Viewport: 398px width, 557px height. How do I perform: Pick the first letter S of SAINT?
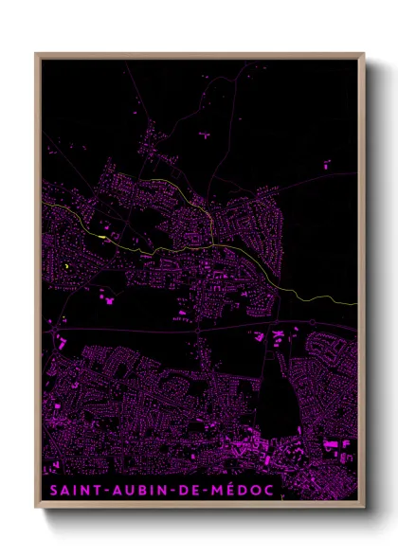pyautogui.click(x=53, y=491)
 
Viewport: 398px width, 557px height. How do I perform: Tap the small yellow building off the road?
pyautogui.click(x=66, y=267)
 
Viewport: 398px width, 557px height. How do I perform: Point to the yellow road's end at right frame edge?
pyautogui.click(x=356, y=303)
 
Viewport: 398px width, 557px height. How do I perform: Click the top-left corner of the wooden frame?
pyautogui.click(x=36, y=54)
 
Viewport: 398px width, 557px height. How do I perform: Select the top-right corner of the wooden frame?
pyautogui.click(x=364, y=54)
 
